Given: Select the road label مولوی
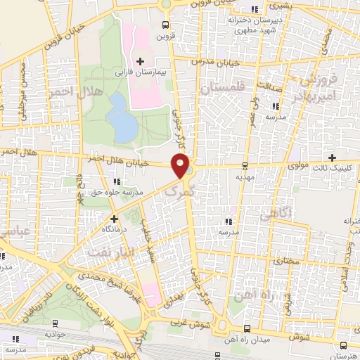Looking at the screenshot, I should [x=299, y=166].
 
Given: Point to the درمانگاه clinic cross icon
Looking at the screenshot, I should [x=114, y=219].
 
